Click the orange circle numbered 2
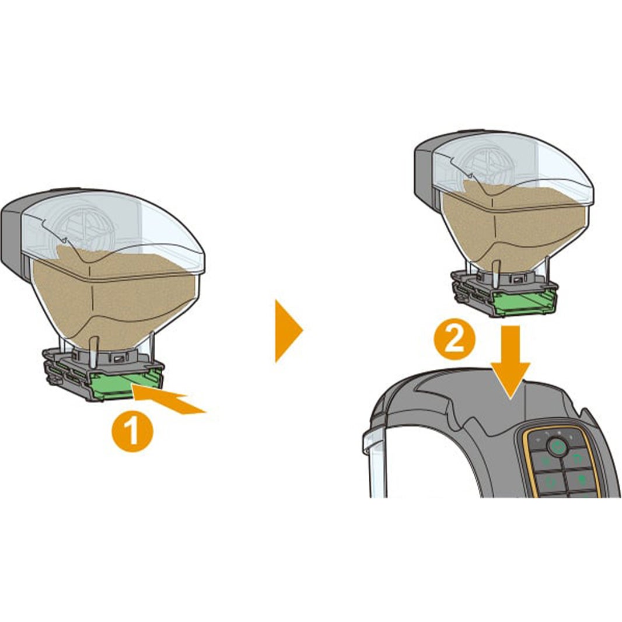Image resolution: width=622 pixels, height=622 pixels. click(455, 339)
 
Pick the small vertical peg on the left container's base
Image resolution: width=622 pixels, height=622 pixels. click(94, 351)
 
